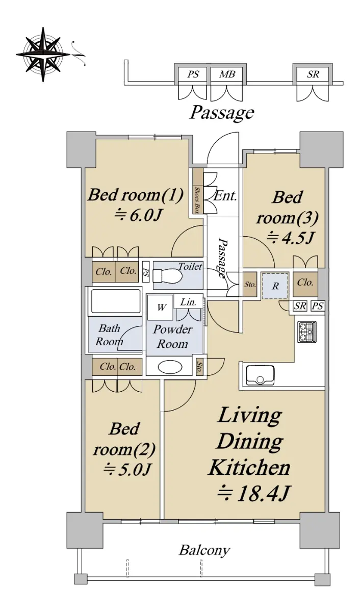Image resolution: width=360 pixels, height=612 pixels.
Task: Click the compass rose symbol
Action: pyautogui.click(x=43, y=55)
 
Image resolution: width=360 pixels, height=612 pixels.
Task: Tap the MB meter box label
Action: pyautogui.click(x=227, y=74)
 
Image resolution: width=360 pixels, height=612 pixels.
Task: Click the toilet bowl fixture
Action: pyautogui.click(x=167, y=276)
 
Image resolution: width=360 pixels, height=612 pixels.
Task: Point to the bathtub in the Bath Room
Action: pyautogui.click(x=115, y=301)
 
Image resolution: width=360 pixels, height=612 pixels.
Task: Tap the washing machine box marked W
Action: pyautogui.click(x=160, y=308)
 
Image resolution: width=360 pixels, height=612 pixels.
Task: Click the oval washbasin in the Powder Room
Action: pyautogui.click(x=170, y=367)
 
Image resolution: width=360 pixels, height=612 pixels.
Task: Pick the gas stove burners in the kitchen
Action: pyautogui.click(x=307, y=331)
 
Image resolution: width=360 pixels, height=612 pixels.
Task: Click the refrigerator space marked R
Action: pyautogui.click(x=275, y=286)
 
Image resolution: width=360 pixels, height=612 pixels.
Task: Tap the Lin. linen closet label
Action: pyautogui.click(x=189, y=302)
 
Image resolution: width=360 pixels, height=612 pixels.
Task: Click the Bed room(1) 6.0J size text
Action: pyautogui.click(x=138, y=216)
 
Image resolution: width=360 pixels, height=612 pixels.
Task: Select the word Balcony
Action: pyautogui.click(x=204, y=550)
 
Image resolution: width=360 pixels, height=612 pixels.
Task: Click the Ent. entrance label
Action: pyautogui.click(x=225, y=196)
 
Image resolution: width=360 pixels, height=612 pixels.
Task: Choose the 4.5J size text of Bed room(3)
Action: pyautogui.click(x=290, y=238)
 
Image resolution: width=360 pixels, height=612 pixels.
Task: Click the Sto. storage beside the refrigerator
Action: pyautogui.click(x=250, y=285)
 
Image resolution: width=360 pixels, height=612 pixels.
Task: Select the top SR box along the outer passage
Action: pyautogui.click(x=313, y=74)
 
